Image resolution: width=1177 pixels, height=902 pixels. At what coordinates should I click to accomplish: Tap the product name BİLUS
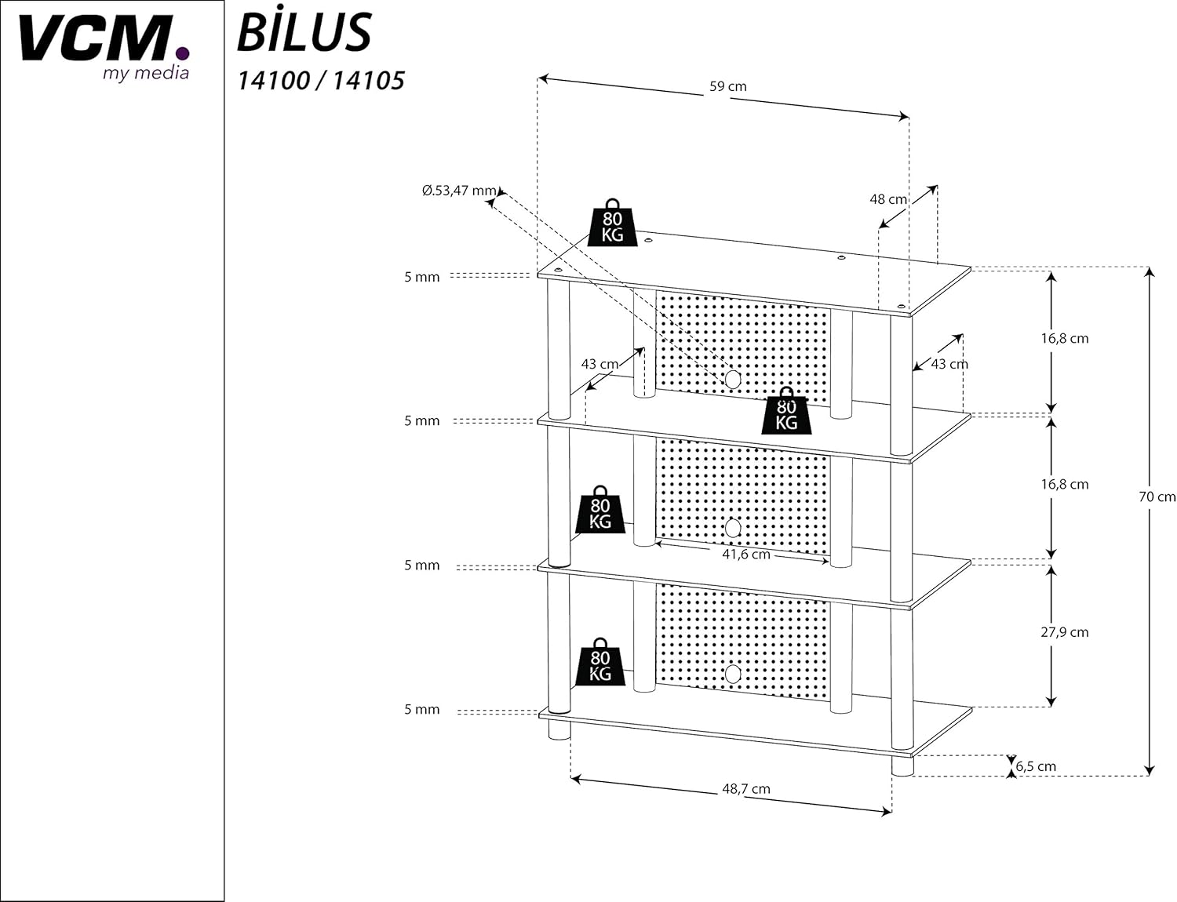[x=304, y=33]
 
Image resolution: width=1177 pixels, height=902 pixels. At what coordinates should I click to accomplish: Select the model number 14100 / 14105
[x=321, y=80]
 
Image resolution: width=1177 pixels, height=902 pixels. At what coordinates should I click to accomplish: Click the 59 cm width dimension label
[x=727, y=86]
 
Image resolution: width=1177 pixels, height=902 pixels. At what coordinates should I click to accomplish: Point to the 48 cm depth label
[x=887, y=199]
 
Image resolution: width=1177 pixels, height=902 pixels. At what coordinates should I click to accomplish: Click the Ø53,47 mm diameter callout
[x=459, y=191]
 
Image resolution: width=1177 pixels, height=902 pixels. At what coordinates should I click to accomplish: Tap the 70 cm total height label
[x=1157, y=496]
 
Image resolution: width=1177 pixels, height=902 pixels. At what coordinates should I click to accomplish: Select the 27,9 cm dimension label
[x=1064, y=632]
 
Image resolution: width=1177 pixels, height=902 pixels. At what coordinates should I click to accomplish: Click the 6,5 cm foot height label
[x=1036, y=766]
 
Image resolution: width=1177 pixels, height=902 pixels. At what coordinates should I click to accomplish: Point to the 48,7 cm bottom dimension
[x=745, y=789]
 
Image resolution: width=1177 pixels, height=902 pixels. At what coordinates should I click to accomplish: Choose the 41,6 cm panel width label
[x=745, y=555]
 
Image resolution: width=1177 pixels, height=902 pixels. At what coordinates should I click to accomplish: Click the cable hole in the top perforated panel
[x=733, y=380]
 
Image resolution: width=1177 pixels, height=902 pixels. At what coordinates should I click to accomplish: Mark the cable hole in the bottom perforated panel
[x=733, y=674]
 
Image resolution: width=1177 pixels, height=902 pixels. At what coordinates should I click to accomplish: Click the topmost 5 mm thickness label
[x=422, y=277]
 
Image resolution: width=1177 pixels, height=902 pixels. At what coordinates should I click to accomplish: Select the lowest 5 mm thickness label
[x=422, y=709]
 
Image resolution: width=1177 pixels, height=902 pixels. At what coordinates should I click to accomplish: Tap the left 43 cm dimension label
[x=599, y=364]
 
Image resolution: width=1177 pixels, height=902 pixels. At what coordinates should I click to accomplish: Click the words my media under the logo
[x=146, y=73]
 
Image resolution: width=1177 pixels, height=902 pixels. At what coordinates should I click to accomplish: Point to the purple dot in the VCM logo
[x=182, y=53]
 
